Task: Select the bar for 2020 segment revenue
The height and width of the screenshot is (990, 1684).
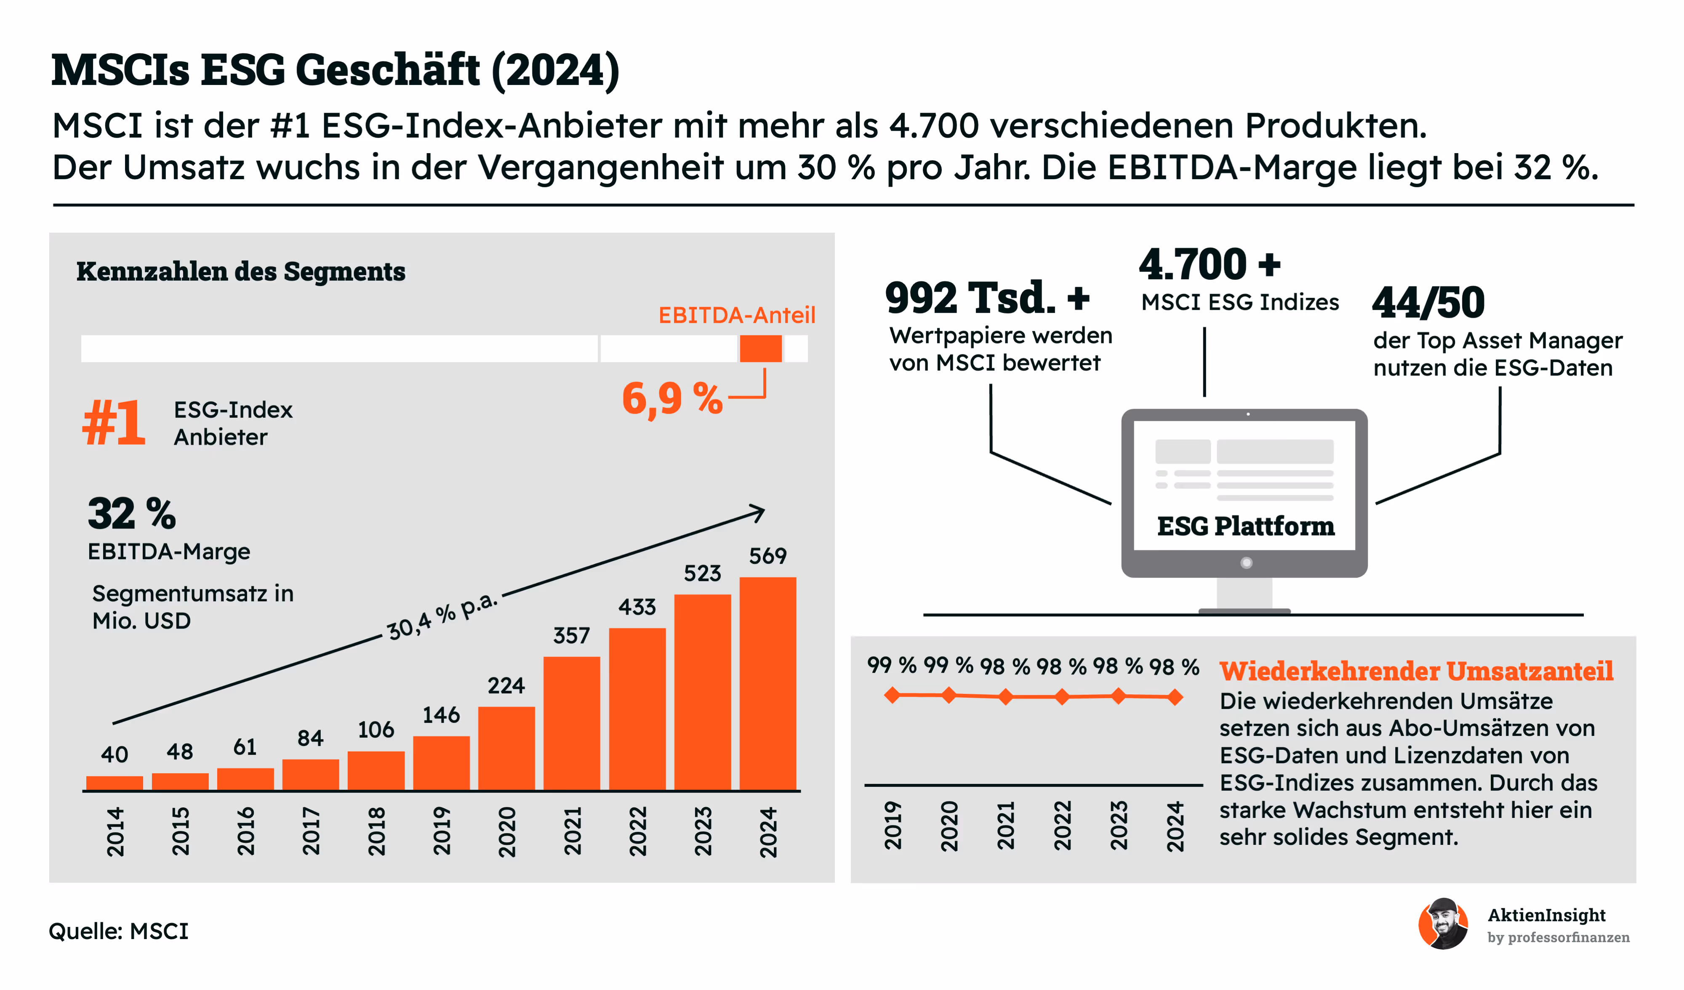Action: [506, 748]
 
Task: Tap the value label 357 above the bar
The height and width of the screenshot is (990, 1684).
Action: [571, 635]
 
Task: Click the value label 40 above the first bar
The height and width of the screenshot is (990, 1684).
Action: [114, 754]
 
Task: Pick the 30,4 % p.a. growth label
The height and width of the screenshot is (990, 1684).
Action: [442, 615]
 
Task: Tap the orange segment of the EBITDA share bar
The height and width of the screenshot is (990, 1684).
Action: [760, 349]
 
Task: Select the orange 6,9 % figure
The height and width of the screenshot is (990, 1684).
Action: [671, 399]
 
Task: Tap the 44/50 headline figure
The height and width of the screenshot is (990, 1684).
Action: [1428, 303]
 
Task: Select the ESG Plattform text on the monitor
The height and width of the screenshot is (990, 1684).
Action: [1246, 526]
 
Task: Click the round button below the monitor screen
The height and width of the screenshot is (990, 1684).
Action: [1246, 563]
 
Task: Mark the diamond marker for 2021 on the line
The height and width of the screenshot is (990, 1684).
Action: [1005, 697]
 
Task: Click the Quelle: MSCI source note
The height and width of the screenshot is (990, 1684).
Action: [119, 931]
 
